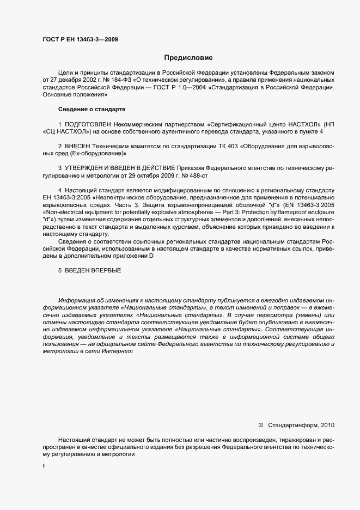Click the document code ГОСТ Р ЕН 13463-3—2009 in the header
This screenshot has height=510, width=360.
(80, 39)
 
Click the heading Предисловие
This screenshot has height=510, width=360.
(188, 58)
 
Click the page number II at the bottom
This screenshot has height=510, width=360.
(44, 466)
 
